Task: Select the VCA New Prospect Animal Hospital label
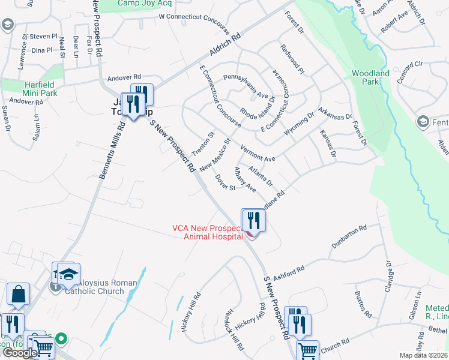207,232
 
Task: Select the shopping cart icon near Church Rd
308,350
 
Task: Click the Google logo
20,353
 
